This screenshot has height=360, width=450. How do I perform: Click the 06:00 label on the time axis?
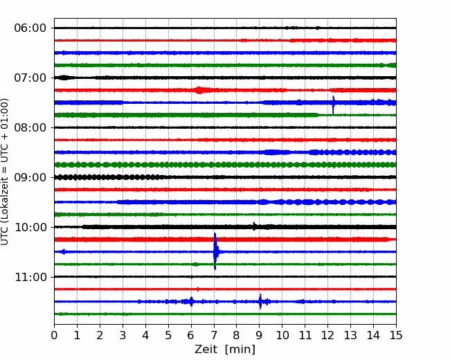point(30,28)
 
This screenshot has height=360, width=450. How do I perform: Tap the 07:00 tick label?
point(30,78)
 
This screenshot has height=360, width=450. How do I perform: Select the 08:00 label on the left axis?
point(30,127)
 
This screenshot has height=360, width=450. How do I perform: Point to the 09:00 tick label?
point(30,177)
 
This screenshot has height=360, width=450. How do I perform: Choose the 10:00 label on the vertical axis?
point(30,227)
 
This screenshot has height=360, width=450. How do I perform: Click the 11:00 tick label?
point(30,277)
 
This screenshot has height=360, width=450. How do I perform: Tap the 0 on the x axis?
point(54,335)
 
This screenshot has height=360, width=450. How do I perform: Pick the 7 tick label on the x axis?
point(214,335)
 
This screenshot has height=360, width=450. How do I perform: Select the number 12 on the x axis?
point(327,335)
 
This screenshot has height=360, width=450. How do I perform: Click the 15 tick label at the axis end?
point(396,335)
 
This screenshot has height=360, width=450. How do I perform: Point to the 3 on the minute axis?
point(123,335)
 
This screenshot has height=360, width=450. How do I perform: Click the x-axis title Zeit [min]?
point(225,350)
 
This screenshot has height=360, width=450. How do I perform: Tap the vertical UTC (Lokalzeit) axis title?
point(5,172)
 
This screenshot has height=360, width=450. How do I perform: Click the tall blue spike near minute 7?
point(215,251)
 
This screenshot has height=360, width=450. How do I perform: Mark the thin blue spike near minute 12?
point(333,105)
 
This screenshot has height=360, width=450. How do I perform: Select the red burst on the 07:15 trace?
point(199,90)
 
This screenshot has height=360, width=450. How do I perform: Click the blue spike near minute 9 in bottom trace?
point(260,301)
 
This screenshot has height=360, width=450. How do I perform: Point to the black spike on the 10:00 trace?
point(253,226)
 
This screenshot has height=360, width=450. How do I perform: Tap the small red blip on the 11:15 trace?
point(198,289)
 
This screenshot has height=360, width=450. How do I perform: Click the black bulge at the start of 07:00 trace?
point(64,78)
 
